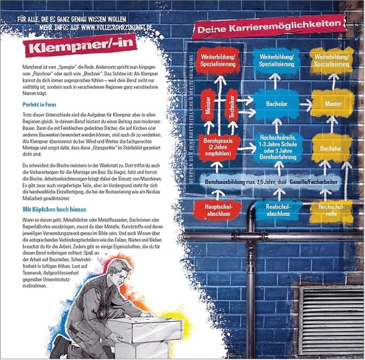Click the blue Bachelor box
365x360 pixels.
[273, 104]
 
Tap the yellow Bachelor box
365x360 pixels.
[331, 148]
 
